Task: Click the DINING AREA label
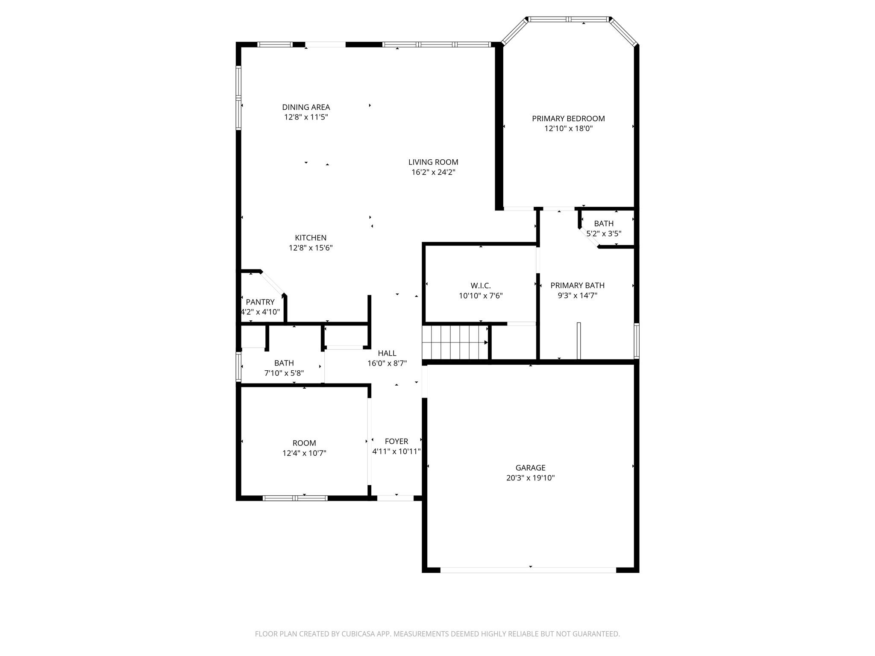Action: [x=306, y=107]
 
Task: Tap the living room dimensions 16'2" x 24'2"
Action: [x=433, y=172]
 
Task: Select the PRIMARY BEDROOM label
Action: [x=568, y=119]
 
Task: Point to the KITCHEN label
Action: [x=311, y=238]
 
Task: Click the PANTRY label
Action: [x=260, y=302]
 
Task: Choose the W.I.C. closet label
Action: [x=481, y=286]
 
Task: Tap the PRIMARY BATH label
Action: [x=577, y=285]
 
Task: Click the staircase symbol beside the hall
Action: [x=455, y=342]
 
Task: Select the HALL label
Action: [x=387, y=353]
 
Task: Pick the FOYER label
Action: [x=396, y=441]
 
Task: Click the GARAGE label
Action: [x=530, y=468]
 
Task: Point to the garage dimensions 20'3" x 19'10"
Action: [x=530, y=478]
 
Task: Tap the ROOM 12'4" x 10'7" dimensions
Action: [x=304, y=453]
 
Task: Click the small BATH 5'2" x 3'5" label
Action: [x=604, y=223]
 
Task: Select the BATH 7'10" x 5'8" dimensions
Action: [x=284, y=373]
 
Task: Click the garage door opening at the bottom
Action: [x=528, y=570]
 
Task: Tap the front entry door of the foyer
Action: [x=395, y=498]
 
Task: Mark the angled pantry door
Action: [x=272, y=283]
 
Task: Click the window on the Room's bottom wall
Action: [x=295, y=498]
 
